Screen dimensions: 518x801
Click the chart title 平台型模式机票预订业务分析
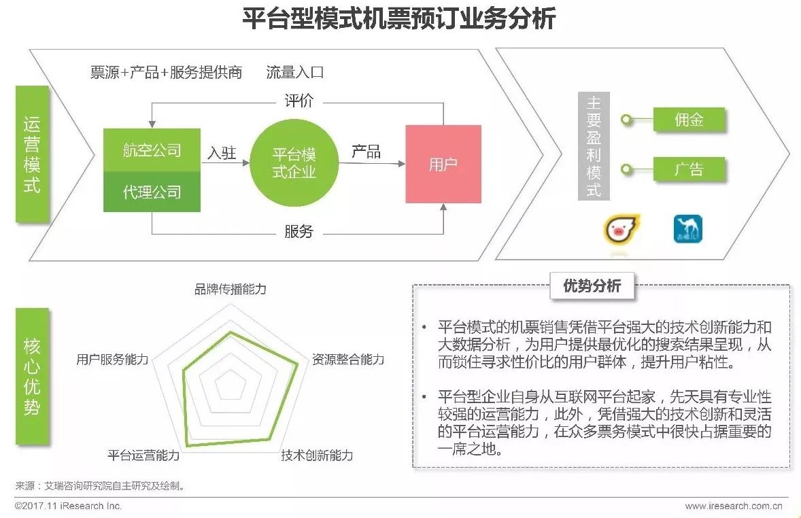[x=399, y=18]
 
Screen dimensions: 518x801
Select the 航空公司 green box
[x=152, y=150]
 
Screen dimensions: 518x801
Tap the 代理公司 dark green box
[x=152, y=192]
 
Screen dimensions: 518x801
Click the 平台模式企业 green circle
[x=294, y=163]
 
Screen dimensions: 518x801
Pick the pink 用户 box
[x=443, y=164]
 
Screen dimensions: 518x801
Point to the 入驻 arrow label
[x=222, y=153]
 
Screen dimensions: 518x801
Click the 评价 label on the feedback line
[x=299, y=102]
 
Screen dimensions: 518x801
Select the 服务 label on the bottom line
[x=299, y=232]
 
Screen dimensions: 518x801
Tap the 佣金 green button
[x=688, y=120]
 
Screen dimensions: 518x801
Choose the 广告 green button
[x=688, y=169]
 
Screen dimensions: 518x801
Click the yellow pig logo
[x=622, y=229]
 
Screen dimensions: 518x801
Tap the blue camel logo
[x=687, y=229]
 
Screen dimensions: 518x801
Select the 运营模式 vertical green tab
[x=32, y=154]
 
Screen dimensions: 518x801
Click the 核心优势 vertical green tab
[x=32, y=376]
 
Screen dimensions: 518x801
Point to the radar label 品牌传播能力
[x=231, y=290]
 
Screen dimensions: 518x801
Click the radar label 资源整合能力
[x=348, y=359]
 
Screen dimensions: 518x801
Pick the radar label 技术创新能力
[x=317, y=455]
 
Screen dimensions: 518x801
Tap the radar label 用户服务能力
[x=112, y=359]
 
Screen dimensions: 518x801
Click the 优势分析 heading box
[x=592, y=286]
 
